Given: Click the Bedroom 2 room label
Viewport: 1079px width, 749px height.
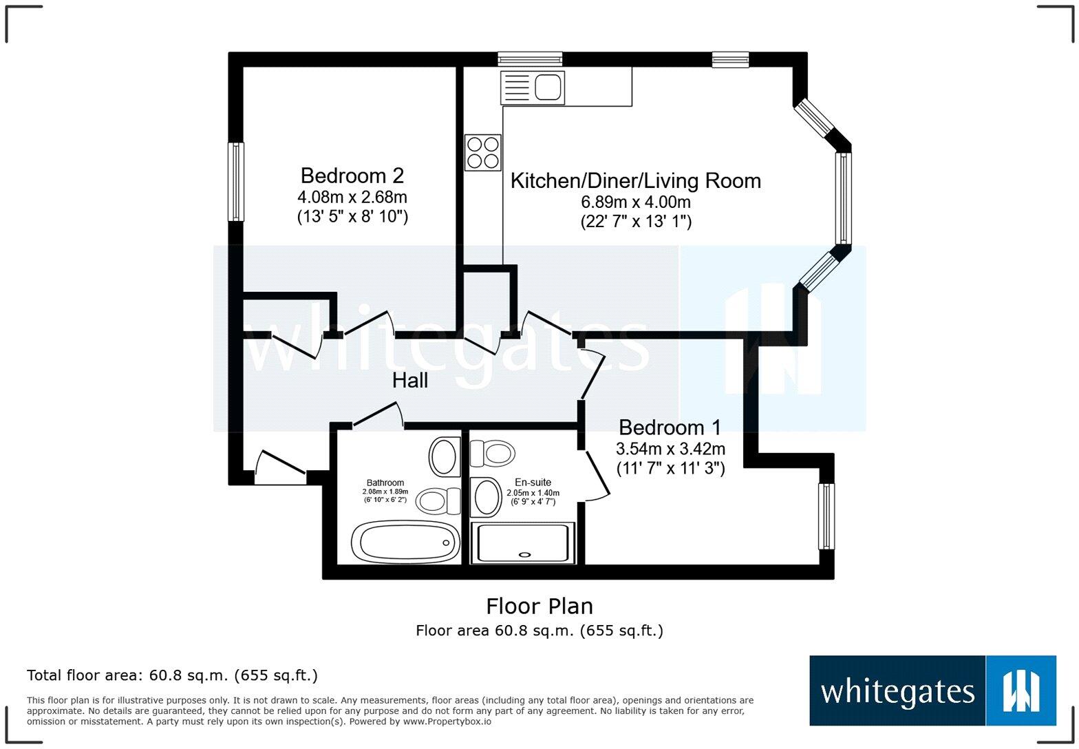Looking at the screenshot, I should coord(352,176).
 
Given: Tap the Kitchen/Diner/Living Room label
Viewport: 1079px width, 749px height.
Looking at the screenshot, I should coord(635,181).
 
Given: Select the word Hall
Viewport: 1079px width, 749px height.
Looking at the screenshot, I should coord(410,381).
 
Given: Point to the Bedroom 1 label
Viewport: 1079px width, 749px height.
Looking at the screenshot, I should coord(670,428).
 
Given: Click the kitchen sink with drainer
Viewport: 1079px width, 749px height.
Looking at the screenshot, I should coord(533,87).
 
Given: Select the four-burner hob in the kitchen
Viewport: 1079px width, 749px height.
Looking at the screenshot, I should coord(482,152).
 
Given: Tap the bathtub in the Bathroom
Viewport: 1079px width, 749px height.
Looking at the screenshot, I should coord(405,542).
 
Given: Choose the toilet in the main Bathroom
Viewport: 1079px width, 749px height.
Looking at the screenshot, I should coord(439,500).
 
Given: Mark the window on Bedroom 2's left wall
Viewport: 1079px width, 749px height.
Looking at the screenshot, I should coord(236,182).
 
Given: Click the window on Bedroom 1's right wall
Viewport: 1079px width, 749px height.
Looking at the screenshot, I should coord(826,516).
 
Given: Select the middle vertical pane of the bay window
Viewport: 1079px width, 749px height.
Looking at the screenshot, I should coord(843,198).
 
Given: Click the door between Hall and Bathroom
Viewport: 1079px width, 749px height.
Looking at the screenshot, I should coord(377,415).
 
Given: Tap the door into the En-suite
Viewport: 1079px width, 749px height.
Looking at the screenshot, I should coord(595,475).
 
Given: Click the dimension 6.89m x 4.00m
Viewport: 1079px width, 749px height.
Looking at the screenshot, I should coord(635,202).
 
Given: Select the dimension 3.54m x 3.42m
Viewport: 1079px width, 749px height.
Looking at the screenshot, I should coord(670,450).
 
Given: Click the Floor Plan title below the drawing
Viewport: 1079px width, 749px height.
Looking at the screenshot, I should coord(539,606).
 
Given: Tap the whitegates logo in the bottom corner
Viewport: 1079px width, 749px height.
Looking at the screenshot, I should coord(932,690).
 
